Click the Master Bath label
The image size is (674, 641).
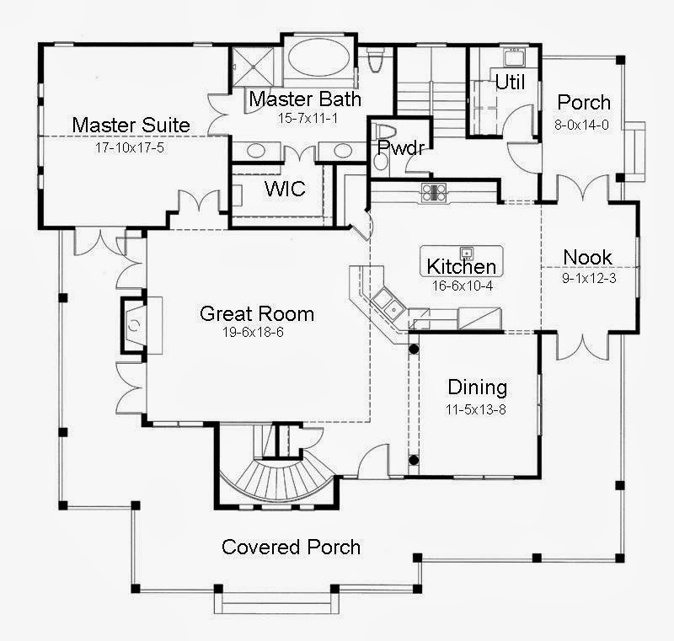click(x=305, y=99)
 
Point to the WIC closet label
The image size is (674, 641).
click(x=285, y=189)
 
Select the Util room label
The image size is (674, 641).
click(x=509, y=83)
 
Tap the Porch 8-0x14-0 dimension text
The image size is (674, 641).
click(x=584, y=123)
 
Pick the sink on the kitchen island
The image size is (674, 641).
click(x=464, y=253)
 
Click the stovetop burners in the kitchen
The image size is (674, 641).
click(x=433, y=192)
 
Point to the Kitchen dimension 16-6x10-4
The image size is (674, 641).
click(x=461, y=285)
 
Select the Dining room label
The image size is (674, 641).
click(x=477, y=387)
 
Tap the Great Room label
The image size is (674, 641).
click(x=256, y=314)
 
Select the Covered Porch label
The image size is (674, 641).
click(x=291, y=548)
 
